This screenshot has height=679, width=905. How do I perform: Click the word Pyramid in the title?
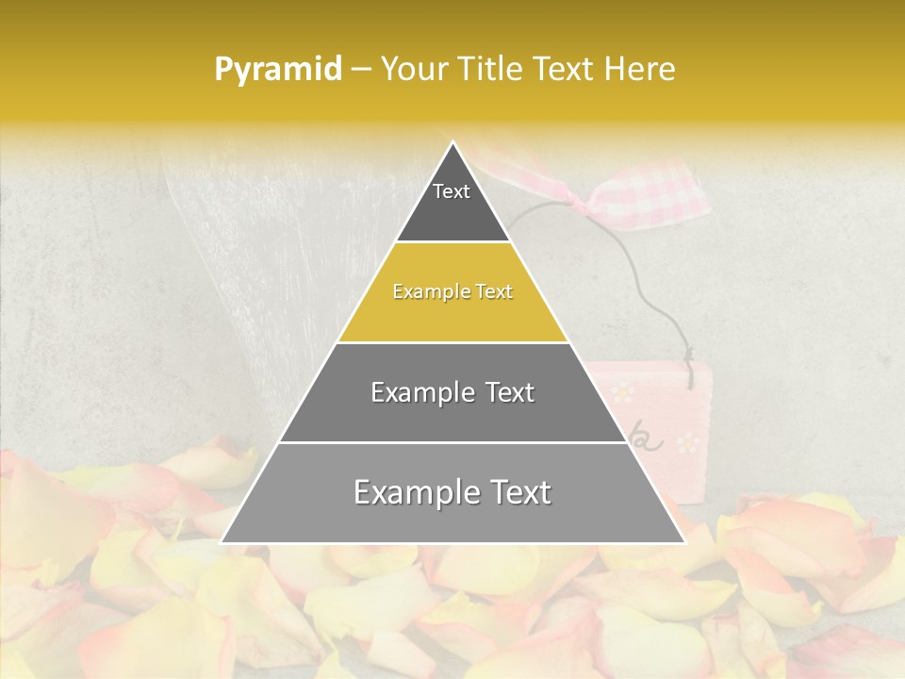(x=277, y=70)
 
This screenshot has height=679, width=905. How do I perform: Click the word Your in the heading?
(x=413, y=70)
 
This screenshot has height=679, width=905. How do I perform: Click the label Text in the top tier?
(x=452, y=191)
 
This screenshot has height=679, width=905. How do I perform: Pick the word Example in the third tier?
(x=414, y=392)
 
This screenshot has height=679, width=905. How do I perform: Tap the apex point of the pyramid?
(x=452, y=143)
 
